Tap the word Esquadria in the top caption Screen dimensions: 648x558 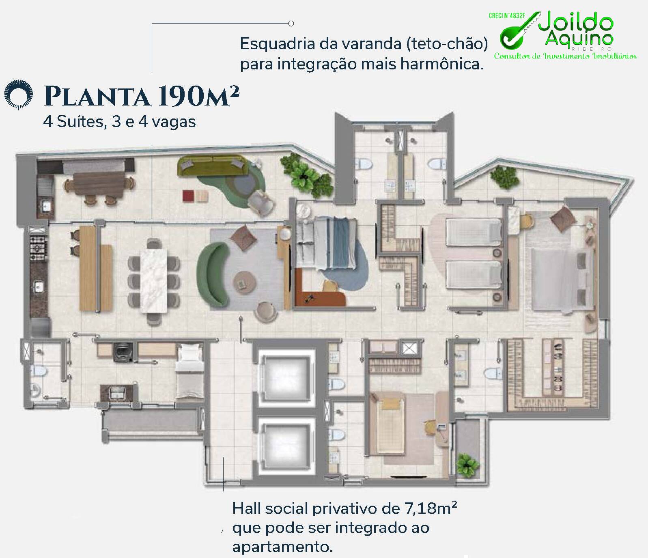[x=277, y=44]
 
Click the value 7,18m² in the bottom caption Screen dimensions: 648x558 [x=431, y=508]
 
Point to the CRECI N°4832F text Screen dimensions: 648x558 [x=507, y=16]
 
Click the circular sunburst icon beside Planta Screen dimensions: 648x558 [x=18, y=95]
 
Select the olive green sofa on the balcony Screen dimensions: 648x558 [x=213, y=166]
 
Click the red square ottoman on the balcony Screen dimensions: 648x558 [x=189, y=196]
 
